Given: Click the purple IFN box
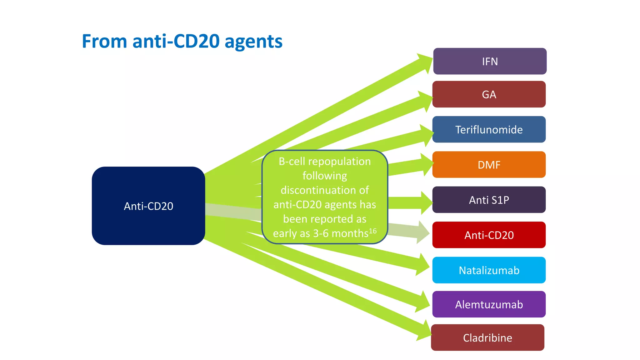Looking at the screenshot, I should [490, 61].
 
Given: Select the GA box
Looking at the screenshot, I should [489, 94].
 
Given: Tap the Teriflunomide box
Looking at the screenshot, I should [489, 129].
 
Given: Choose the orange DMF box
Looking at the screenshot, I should [489, 165].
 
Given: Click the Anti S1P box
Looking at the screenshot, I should [489, 200].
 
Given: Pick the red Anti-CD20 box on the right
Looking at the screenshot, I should [489, 235].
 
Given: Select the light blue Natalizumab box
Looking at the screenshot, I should [489, 270].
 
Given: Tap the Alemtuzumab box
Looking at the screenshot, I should [489, 304].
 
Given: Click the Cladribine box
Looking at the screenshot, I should [487, 337].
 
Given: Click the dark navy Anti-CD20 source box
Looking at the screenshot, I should [148, 206].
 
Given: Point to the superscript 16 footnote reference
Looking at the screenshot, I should [372, 231].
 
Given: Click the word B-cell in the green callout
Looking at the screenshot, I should [292, 161].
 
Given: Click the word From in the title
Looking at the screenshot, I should [104, 41].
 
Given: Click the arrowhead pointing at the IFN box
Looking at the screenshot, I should [426, 62].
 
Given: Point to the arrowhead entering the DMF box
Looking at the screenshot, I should [427, 164].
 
